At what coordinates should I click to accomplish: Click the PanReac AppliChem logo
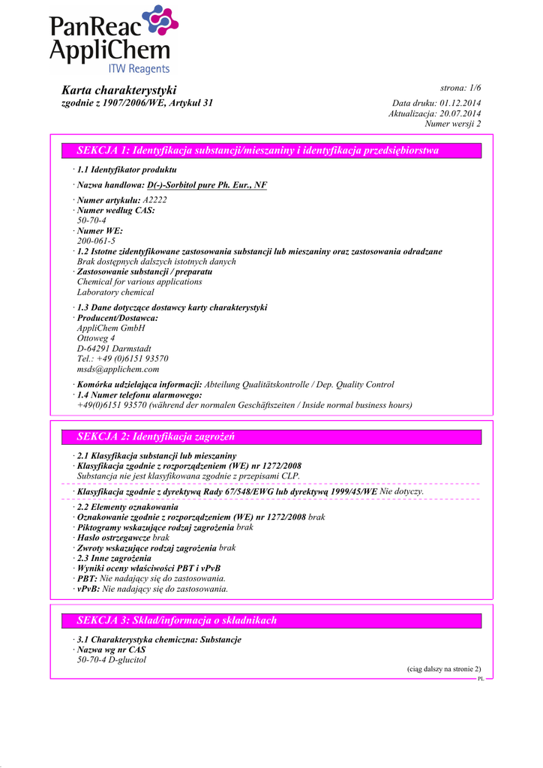(x=113, y=40)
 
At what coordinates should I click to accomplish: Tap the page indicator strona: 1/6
(x=460, y=88)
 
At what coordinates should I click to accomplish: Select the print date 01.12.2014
(x=460, y=103)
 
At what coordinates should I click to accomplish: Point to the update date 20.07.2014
(x=460, y=113)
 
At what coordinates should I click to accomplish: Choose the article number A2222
(x=154, y=200)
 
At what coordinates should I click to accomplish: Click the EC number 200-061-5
(x=96, y=241)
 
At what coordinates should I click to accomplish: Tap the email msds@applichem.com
(x=118, y=369)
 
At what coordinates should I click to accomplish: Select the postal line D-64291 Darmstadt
(x=114, y=349)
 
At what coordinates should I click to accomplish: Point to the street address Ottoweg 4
(x=96, y=338)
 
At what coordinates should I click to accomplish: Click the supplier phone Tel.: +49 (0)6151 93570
(x=122, y=358)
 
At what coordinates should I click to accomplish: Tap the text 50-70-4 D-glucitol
(x=112, y=660)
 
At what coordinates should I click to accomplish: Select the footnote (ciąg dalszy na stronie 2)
(x=439, y=668)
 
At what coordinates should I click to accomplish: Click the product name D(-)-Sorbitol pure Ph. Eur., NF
(x=207, y=184)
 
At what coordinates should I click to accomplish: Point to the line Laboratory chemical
(x=115, y=292)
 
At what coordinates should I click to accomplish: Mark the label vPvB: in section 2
(x=88, y=589)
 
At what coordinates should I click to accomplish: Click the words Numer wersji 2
(x=453, y=124)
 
